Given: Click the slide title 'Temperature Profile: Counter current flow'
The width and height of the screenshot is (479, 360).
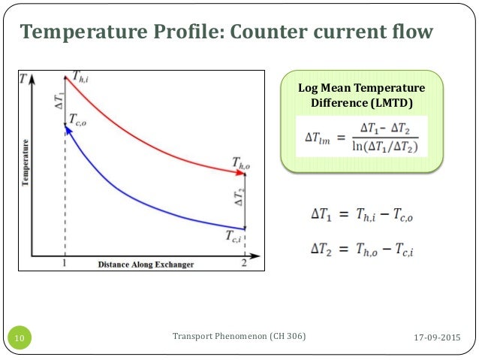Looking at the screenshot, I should click(x=226, y=32).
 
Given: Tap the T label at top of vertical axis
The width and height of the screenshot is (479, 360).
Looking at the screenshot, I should click(x=26, y=77).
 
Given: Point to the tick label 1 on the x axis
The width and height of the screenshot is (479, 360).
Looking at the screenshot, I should click(x=65, y=265).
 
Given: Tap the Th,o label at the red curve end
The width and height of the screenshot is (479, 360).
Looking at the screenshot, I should click(x=242, y=162).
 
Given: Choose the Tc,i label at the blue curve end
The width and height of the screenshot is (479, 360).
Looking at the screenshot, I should click(x=235, y=236).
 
